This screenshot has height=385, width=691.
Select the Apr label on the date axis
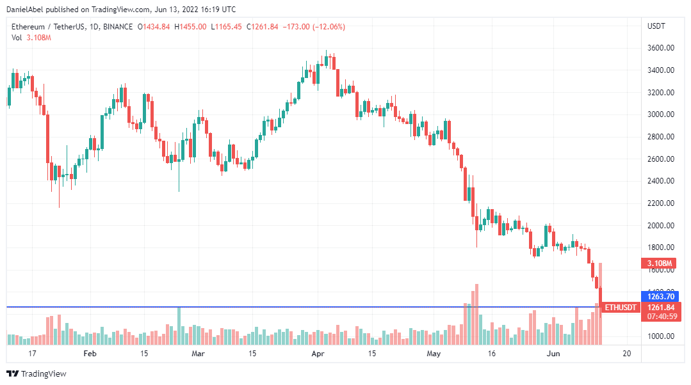(x=317, y=353)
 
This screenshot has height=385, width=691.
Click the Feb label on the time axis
(x=90, y=353)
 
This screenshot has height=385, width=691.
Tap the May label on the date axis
(x=434, y=353)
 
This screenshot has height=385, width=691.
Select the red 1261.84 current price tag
(x=660, y=307)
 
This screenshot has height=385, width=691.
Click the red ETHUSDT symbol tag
(x=621, y=308)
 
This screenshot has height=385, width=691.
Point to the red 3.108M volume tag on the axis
(x=658, y=263)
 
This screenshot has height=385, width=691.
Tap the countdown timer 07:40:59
(x=660, y=316)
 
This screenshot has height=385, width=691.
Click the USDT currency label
(x=656, y=26)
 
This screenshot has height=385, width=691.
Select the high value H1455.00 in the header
(x=190, y=26)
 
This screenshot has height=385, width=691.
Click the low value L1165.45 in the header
(x=227, y=26)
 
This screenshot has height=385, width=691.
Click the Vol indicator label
(x=17, y=38)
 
